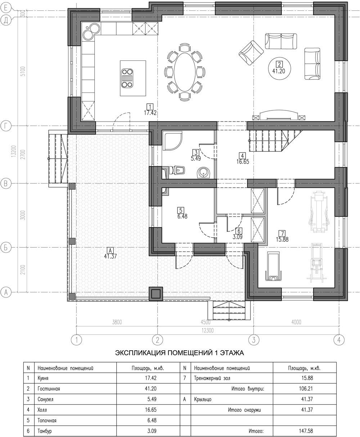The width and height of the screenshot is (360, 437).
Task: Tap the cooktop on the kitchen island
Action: point(127,78)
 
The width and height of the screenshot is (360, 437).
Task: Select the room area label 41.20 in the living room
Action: point(279,71)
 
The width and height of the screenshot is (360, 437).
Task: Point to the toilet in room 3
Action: point(177,170)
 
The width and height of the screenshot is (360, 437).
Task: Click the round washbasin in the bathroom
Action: point(203,172)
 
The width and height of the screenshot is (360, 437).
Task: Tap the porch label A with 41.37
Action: point(110,254)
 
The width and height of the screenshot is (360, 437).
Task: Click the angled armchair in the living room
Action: point(251,53)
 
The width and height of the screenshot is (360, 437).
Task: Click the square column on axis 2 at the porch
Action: point(156,293)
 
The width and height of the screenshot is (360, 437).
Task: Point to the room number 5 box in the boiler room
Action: point(181,210)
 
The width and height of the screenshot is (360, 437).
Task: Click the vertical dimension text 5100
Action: point(23,71)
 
